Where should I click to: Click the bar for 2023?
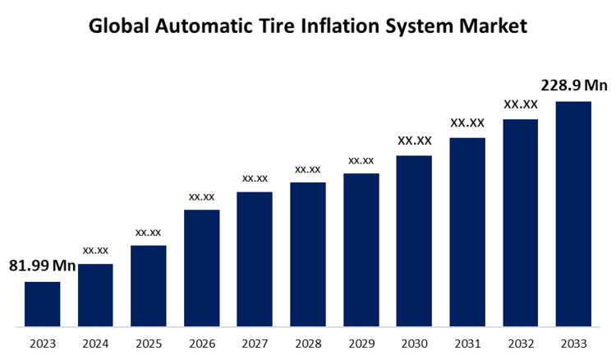tap(42, 303)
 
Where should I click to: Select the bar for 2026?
tap(201, 267)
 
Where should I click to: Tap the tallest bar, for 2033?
tap(573, 213)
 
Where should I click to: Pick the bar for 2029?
tap(361, 249)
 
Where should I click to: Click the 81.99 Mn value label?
tap(42, 265)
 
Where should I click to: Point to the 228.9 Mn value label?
tap(573, 85)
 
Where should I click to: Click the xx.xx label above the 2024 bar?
tap(95, 249)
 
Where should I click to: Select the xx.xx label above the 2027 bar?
tap(255, 178)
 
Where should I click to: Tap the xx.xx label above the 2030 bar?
tap(414, 141)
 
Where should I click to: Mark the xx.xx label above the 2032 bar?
tap(521, 104)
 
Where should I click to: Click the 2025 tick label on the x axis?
tap(149, 343)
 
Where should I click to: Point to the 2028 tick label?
tap(308, 343)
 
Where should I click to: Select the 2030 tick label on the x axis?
tap(414, 343)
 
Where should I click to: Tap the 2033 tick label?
tap(573, 343)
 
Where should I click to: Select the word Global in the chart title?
tap(118, 26)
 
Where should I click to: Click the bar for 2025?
tap(149, 285)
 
